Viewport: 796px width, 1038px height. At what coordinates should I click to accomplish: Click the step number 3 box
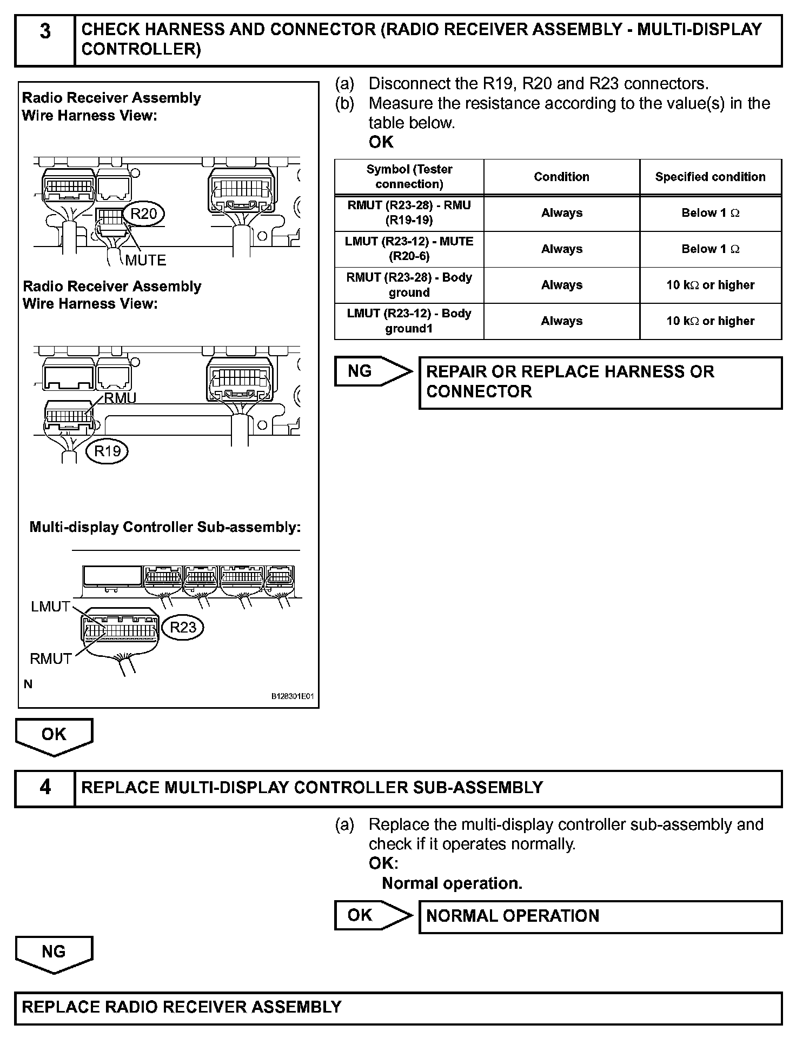45,41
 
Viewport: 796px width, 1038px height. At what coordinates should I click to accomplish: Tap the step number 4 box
45,788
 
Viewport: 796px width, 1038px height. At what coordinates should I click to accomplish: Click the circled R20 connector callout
143,214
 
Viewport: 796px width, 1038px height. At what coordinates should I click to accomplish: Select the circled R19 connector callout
107,451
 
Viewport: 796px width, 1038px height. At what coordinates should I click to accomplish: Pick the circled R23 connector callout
183,627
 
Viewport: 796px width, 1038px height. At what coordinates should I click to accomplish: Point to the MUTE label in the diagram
145,260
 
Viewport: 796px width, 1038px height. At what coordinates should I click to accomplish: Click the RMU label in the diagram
120,398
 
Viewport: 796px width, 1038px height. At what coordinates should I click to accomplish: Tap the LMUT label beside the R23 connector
50,607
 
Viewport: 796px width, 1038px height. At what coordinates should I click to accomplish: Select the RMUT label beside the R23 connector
51,658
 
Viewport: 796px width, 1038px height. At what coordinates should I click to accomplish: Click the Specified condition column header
710,177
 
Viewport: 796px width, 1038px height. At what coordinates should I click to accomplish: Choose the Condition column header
561,177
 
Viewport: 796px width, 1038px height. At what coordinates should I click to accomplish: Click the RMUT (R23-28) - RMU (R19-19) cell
409,213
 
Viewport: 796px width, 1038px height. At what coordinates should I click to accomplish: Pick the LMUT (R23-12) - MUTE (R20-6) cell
409,249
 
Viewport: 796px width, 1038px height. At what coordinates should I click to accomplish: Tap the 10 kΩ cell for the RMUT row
710,285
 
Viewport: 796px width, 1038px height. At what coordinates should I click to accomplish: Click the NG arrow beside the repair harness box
372,371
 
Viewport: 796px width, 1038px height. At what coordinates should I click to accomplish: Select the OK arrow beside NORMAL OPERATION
372,915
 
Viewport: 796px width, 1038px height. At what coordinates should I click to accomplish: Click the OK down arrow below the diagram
54,736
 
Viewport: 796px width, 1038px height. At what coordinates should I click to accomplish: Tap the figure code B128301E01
292,697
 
